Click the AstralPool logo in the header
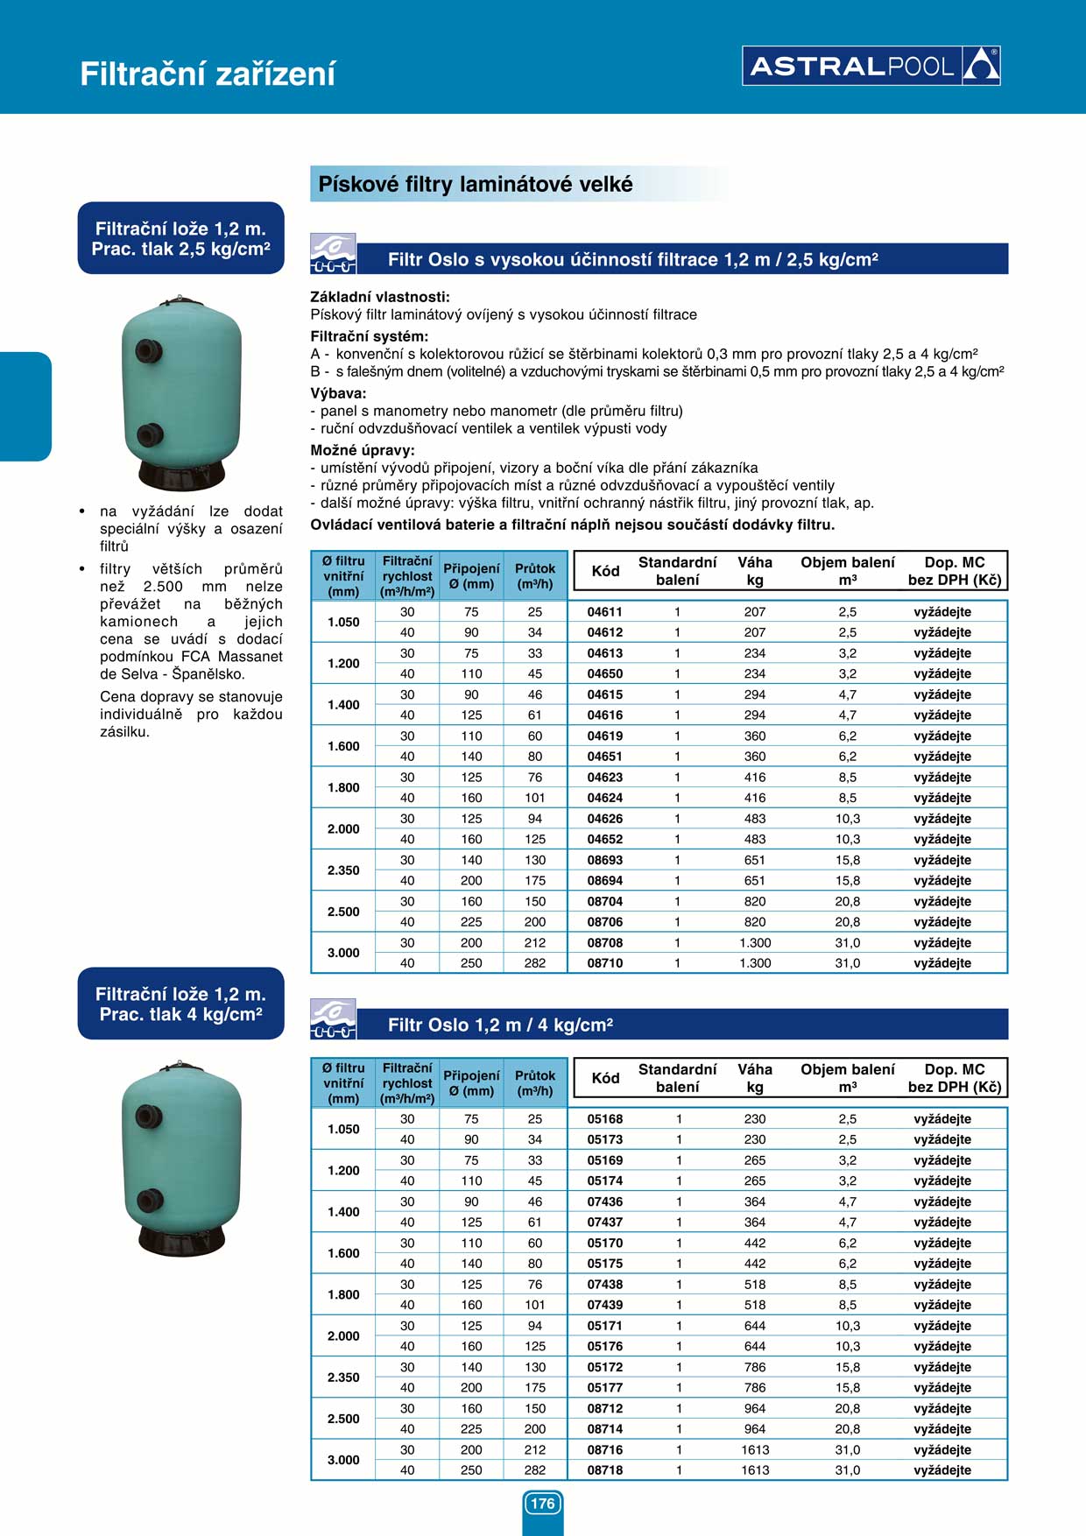click(x=871, y=66)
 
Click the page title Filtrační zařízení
click(x=208, y=74)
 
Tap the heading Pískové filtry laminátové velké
click(x=475, y=185)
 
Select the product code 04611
click(x=604, y=612)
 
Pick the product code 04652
click(x=604, y=839)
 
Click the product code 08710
click(x=604, y=963)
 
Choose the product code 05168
click(x=604, y=1119)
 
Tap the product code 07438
click(x=604, y=1285)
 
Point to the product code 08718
click(x=604, y=1470)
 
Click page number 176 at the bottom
click(x=543, y=1504)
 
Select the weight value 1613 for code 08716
click(x=755, y=1450)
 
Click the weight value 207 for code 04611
click(x=755, y=612)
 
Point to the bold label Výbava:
click(x=338, y=394)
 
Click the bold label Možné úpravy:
click(x=363, y=450)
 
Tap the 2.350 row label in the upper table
click(x=343, y=870)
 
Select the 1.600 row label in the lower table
click(x=343, y=1253)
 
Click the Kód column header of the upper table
click(x=605, y=571)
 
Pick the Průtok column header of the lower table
click(x=535, y=1083)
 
